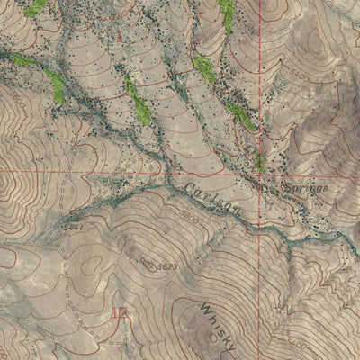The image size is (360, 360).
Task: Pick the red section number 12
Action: (x=120, y=314)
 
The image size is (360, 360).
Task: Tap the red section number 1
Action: (x=118, y=36)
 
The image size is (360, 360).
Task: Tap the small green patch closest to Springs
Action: (x=260, y=162)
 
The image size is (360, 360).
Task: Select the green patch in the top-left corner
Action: (x=35, y=8)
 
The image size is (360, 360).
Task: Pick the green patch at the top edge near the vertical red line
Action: (x=228, y=13)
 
